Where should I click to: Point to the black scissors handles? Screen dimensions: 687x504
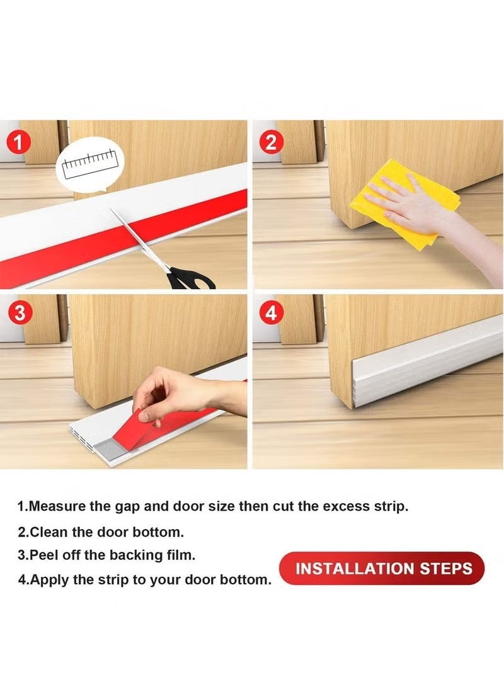189,277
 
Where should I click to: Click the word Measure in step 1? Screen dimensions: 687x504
59,506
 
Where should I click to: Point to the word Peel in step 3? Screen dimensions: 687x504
42,555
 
